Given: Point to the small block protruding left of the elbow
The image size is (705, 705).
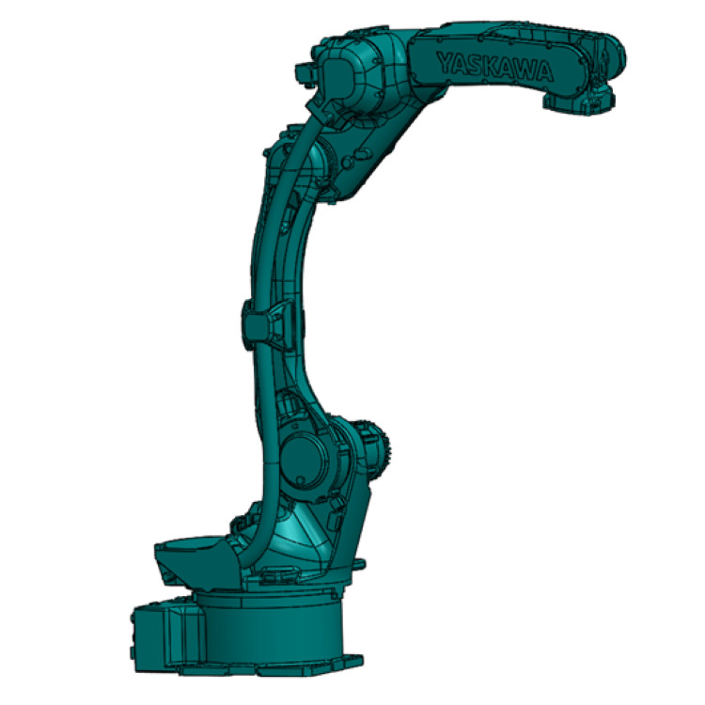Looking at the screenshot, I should coord(304,73).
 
